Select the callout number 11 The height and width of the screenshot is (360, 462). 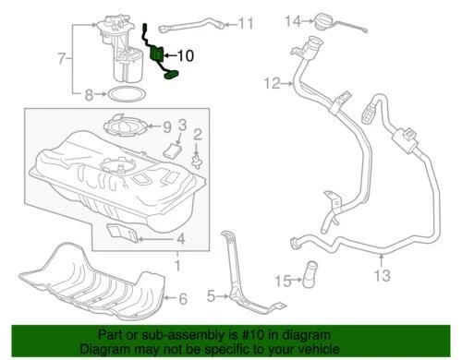[x=245, y=23]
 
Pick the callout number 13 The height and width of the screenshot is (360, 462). [x=383, y=275]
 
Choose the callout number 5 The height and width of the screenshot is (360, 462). [x=211, y=296]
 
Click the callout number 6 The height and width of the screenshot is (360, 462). [x=183, y=298]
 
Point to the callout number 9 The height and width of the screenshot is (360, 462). [x=166, y=126]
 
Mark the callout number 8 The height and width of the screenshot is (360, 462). [x=90, y=94]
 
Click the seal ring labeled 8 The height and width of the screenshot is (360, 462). [x=117, y=94]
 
